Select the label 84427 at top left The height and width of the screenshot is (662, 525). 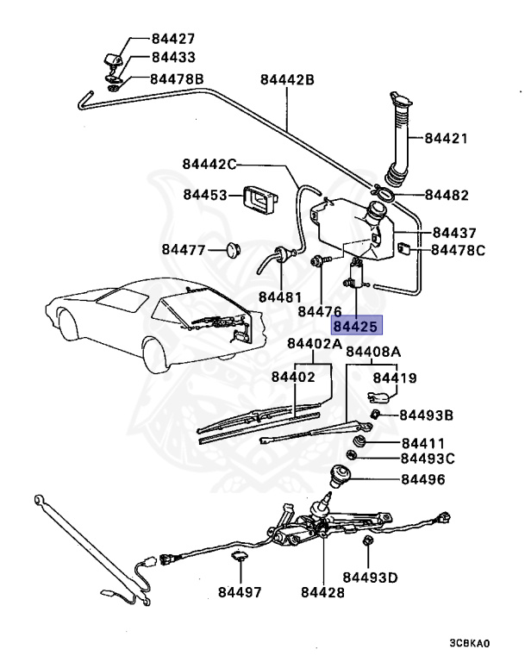(173, 39)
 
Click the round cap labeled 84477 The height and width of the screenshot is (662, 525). (231, 250)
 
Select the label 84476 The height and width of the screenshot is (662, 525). (320, 311)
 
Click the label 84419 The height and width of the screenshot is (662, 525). (395, 377)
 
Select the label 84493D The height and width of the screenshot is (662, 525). (370, 577)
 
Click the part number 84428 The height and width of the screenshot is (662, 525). (322, 593)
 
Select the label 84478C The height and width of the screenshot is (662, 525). (459, 250)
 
